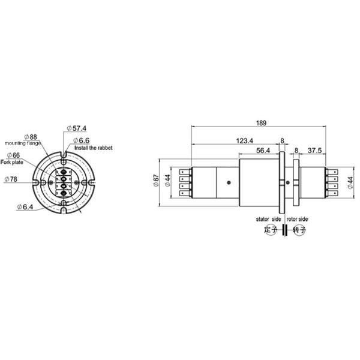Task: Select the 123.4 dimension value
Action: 242,142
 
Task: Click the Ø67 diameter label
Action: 155,182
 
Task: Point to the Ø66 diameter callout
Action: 13,155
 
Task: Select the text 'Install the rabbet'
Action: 93,148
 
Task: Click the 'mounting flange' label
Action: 22,144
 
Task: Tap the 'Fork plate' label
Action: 13,162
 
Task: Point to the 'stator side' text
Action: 268,220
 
